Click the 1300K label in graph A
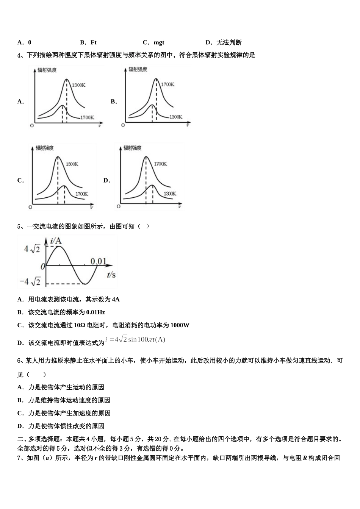pyautogui.click(x=78, y=86)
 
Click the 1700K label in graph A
pyautogui.click(x=87, y=117)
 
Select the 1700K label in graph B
pyautogui.click(x=168, y=84)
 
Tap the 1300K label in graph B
pyautogui.click(x=176, y=117)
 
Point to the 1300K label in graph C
pyautogui.click(x=72, y=164)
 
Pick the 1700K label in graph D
pyautogui.click(x=160, y=164)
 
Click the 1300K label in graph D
pyautogui.click(x=170, y=194)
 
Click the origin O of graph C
pyautogui.click(x=30, y=207)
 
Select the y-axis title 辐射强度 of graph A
pyautogui.click(x=47, y=70)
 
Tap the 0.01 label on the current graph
pyautogui.click(x=98, y=261)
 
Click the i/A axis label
pyautogui.click(x=56, y=240)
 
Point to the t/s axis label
pyautogui.click(x=111, y=275)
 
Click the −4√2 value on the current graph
pyautogui.click(x=30, y=282)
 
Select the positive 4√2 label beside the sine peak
pyautogui.click(x=32, y=249)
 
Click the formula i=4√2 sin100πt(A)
pyautogui.click(x=135, y=339)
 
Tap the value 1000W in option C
pyautogui.click(x=180, y=325)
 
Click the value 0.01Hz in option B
pyautogui.click(x=95, y=312)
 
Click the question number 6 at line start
pyautogui.click(x=19, y=361)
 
